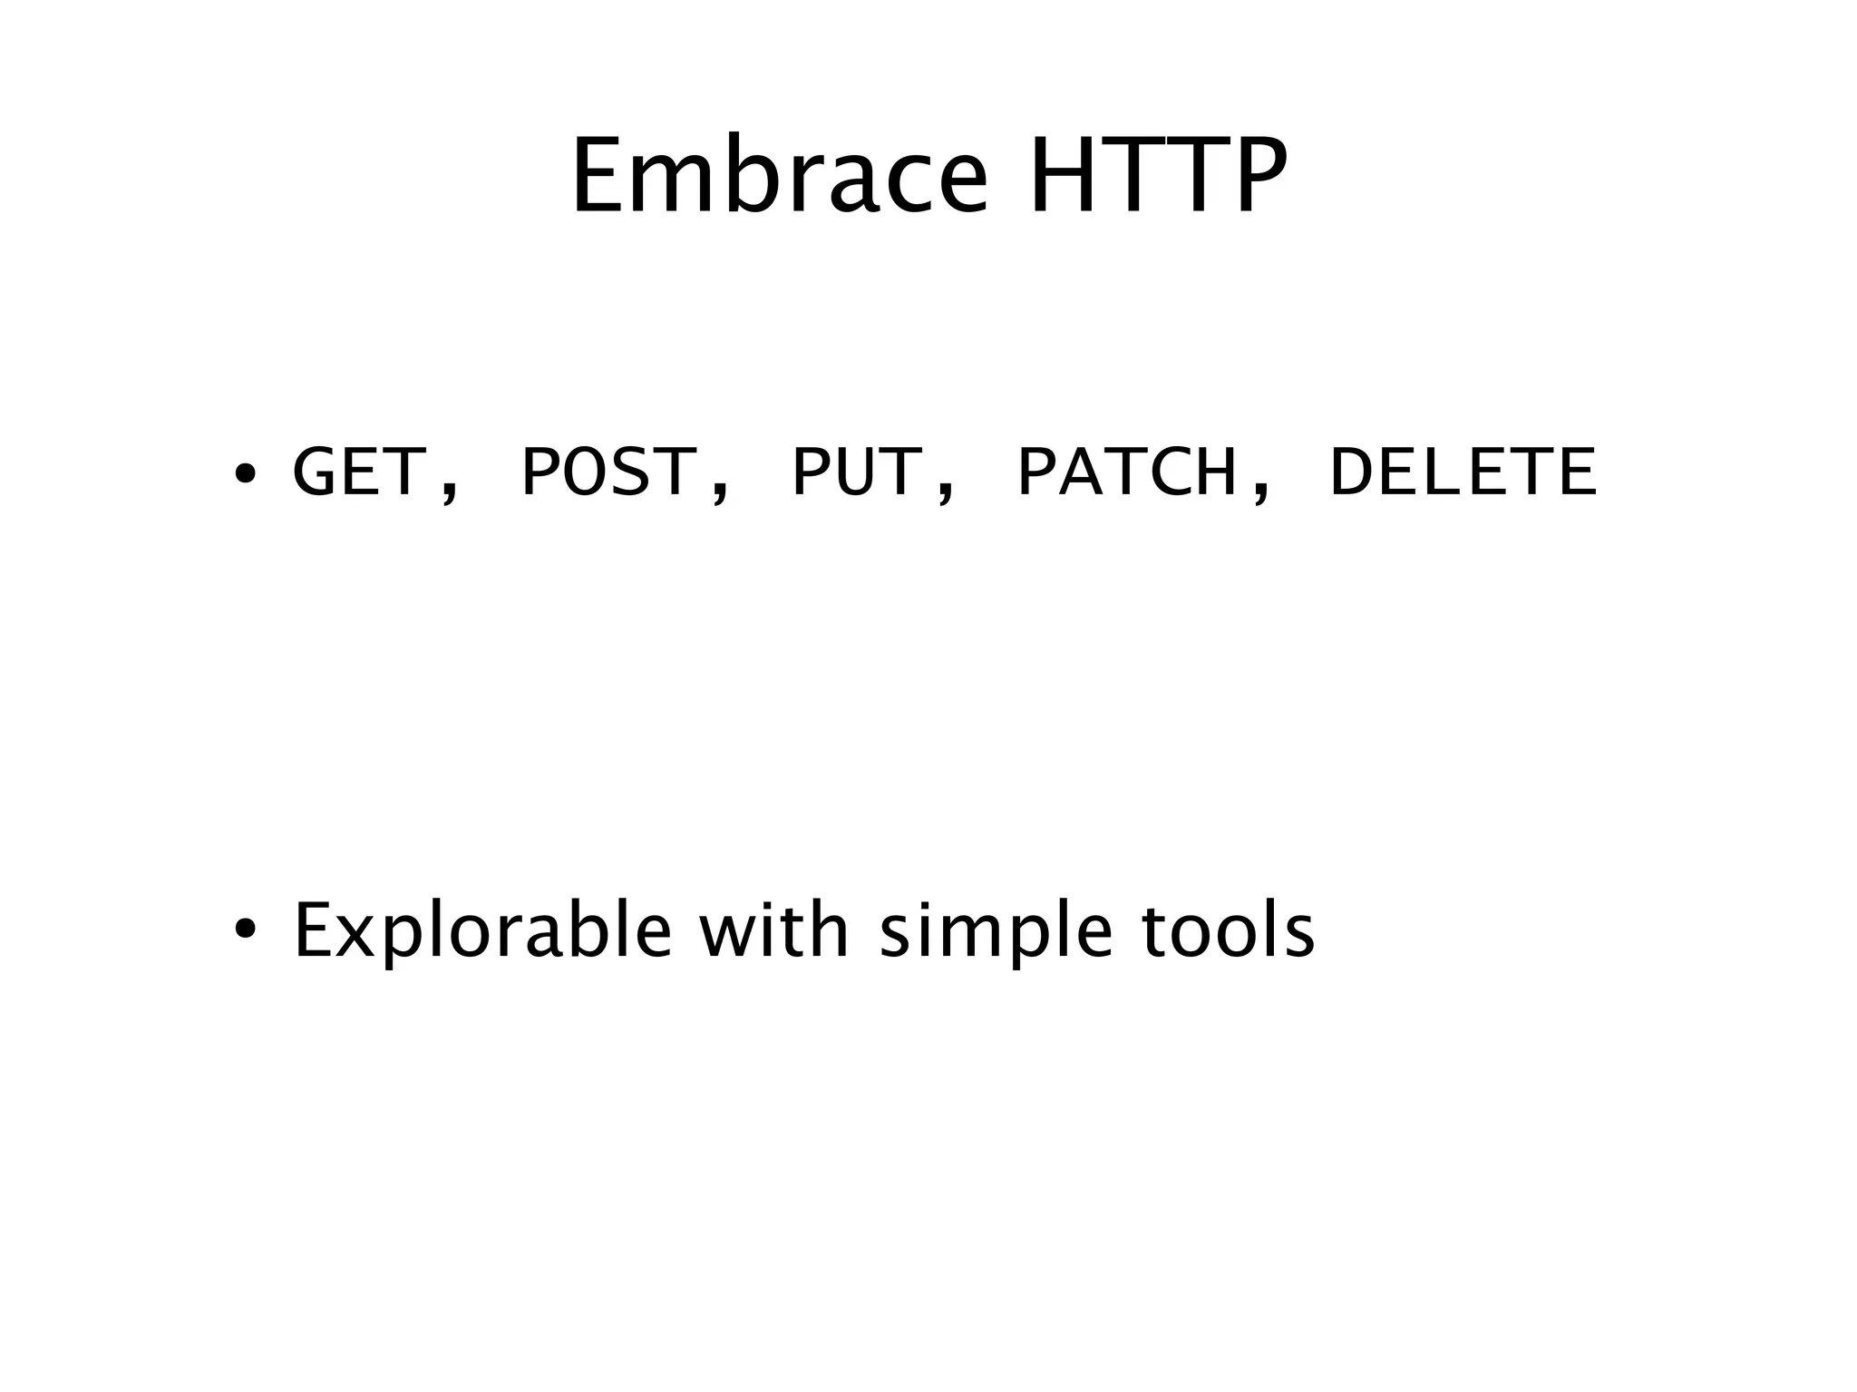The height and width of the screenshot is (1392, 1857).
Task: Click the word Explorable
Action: point(482,932)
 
